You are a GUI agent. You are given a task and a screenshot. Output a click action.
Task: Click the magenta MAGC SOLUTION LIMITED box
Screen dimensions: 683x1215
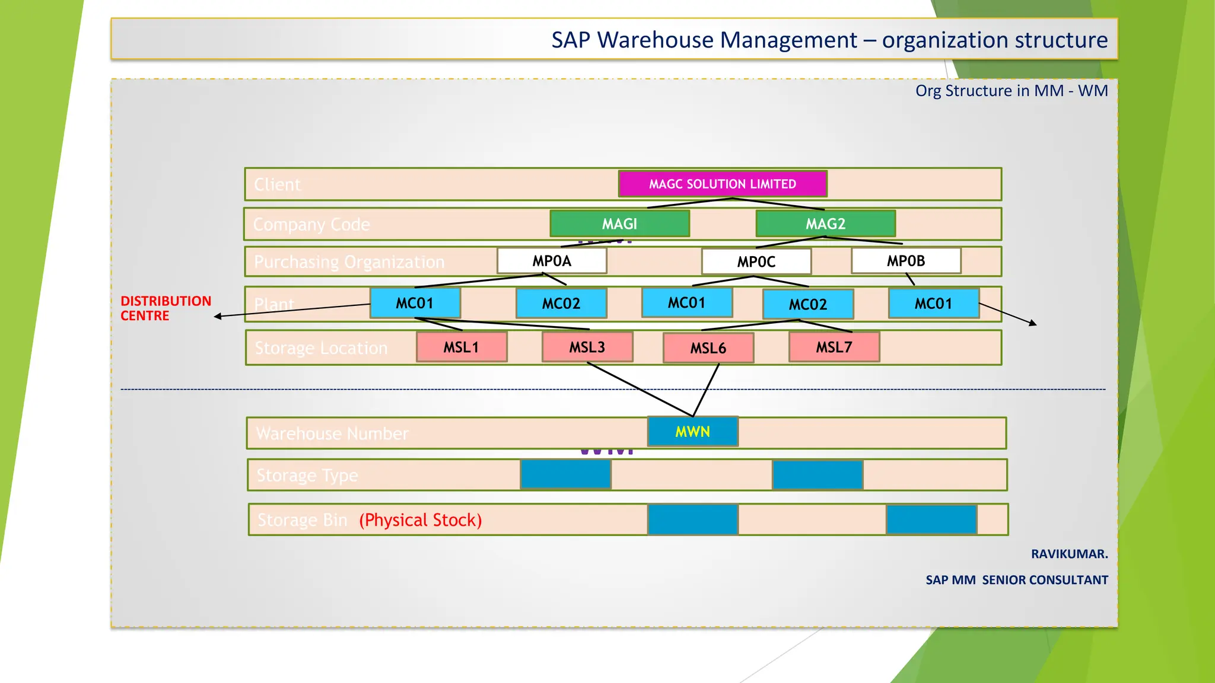(x=722, y=184)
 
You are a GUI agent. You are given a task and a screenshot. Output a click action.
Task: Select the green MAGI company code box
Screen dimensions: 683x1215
(x=619, y=224)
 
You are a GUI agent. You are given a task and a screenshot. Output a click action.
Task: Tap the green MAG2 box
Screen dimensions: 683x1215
(x=825, y=224)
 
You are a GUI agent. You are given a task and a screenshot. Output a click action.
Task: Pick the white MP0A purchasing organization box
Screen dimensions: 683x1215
(x=552, y=261)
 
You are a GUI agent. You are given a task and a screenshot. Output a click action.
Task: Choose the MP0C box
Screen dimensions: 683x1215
(x=756, y=261)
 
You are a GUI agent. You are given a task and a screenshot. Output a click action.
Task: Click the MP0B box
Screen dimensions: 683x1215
(x=906, y=261)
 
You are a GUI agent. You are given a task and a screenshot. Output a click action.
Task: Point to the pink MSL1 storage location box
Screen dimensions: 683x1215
(x=462, y=347)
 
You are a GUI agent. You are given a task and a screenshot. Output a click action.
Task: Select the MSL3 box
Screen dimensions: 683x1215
(x=587, y=347)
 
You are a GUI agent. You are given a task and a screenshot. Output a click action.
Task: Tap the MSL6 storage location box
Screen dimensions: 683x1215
(x=708, y=347)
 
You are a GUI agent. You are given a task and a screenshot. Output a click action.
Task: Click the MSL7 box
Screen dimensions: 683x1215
(x=834, y=347)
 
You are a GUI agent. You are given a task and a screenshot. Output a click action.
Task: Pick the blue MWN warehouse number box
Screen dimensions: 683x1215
(x=692, y=432)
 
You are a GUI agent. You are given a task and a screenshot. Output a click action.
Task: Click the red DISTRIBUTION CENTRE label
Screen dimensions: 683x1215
(x=166, y=308)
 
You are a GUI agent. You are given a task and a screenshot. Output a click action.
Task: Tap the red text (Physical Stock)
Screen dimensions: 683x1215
(x=420, y=520)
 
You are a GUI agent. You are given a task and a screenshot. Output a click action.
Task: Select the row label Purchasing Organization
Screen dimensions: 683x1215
(x=349, y=262)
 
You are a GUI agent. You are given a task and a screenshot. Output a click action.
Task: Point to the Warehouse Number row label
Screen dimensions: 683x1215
(x=332, y=433)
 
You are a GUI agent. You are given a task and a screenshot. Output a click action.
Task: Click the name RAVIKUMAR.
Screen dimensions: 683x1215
(x=1069, y=554)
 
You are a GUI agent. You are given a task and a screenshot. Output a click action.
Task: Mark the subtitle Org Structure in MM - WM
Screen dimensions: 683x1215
(x=1011, y=91)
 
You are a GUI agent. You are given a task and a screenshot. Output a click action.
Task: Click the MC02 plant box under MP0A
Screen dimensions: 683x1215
(x=561, y=304)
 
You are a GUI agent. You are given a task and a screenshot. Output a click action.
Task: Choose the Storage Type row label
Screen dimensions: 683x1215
(x=307, y=475)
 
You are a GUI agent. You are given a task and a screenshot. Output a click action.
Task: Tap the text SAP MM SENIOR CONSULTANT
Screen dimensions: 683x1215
(x=1016, y=580)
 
